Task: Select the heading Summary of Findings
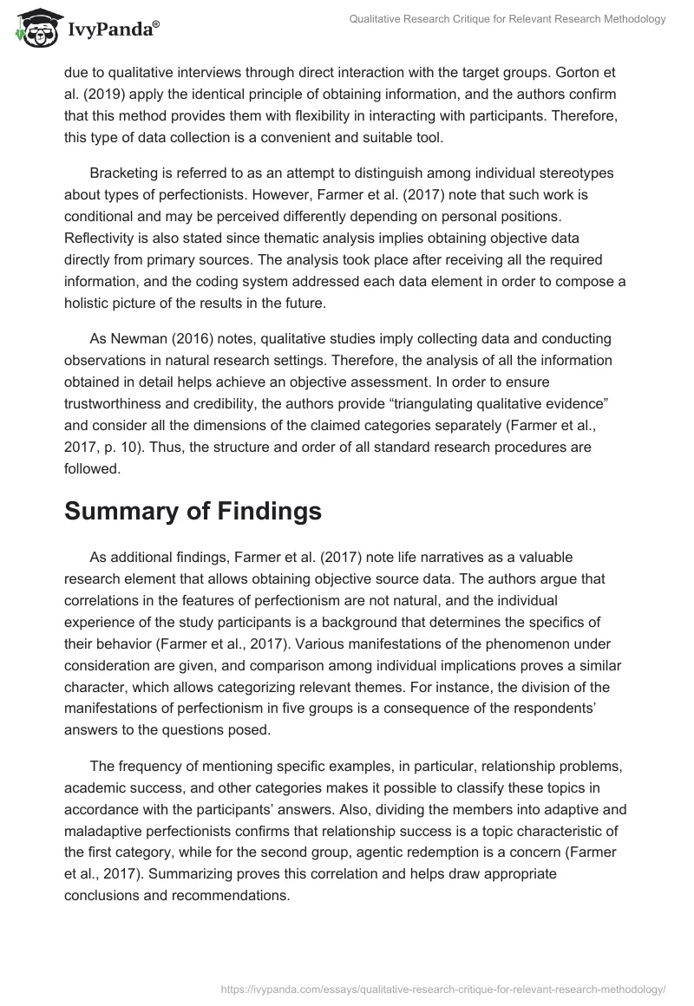click(x=193, y=512)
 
